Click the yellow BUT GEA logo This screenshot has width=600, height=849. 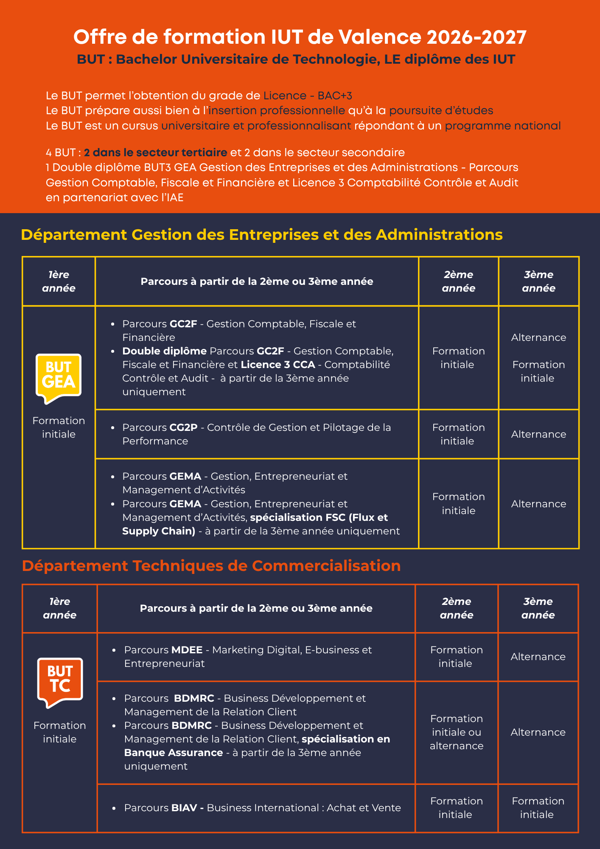(x=59, y=377)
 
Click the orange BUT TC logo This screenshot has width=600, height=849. (x=60, y=682)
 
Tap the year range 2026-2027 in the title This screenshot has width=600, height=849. (x=477, y=37)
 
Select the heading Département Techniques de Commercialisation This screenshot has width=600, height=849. (x=211, y=566)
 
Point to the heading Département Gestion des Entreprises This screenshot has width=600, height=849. (x=262, y=235)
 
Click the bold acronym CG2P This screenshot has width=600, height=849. (x=184, y=427)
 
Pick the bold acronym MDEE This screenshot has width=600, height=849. (x=187, y=650)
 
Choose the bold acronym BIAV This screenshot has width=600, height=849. (x=184, y=808)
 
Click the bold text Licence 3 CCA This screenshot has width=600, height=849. (x=278, y=365)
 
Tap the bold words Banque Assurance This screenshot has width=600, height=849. (x=174, y=753)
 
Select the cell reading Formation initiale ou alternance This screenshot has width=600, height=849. (x=457, y=732)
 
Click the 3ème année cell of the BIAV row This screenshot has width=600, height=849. (x=538, y=808)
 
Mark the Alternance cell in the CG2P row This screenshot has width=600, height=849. (x=538, y=434)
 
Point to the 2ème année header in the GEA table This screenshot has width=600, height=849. (x=458, y=281)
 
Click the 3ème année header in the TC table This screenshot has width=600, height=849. (x=538, y=608)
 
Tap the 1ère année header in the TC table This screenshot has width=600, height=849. (x=60, y=608)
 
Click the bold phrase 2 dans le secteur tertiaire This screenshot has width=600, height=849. (x=155, y=152)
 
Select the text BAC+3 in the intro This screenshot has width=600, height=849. (x=335, y=96)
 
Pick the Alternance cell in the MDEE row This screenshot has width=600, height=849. (x=538, y=657)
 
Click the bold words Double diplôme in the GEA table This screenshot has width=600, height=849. (x=164, y=351)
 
